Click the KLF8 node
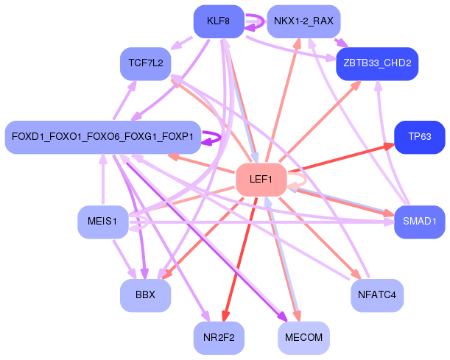coord(219,22)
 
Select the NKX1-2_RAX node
coord(303,22)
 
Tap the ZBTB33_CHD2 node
coord(377,65)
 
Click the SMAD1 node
coord(420,221)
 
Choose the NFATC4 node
coord(377,295)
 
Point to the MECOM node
coord(303,338)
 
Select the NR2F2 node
coord(219,338)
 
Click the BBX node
coord(145,295)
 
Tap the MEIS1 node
coord(102,221)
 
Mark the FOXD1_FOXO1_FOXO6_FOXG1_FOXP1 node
coord(102,137)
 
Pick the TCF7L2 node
coord(145,65)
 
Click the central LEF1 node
coord(261,180)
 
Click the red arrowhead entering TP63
coord(388,146)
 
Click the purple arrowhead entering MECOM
coord(283,318)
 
